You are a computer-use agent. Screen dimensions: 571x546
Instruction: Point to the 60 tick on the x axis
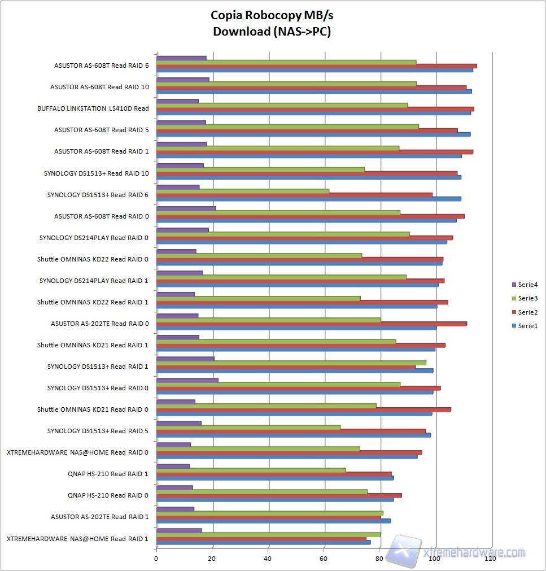click(324, 559)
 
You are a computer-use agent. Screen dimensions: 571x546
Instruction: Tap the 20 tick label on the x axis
click(212, 559)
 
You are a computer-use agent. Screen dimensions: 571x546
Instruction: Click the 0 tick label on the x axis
click(156, 559)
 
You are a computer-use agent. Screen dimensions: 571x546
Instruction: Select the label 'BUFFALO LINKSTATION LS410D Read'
click(93, 108)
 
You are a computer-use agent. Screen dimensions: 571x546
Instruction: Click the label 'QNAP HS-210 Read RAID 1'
click(108, 474)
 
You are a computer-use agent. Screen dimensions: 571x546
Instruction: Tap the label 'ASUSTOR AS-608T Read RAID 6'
click(102, 66)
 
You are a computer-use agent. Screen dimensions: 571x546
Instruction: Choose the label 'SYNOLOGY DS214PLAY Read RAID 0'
click(94, 238)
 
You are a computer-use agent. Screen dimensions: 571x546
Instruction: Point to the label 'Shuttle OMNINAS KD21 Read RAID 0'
click(93, 409)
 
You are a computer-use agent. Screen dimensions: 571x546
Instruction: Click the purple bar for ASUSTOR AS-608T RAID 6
click(181, 58)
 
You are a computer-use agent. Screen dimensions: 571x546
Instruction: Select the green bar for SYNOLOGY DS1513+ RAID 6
click(242, 191)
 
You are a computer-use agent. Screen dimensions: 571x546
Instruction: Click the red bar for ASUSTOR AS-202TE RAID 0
click(311, 324)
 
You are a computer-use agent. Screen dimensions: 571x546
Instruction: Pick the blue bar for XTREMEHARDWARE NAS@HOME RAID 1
click(263, 542)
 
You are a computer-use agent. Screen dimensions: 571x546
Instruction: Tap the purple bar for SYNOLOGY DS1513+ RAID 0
click(187, 380)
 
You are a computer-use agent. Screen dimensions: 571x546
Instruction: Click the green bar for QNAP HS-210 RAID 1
click(251, 470)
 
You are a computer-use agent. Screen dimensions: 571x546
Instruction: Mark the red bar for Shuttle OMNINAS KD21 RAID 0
click(303, 409)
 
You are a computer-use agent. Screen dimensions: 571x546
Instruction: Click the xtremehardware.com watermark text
click(474, 552)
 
